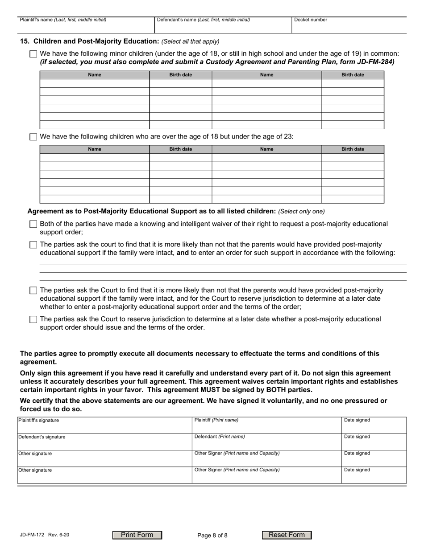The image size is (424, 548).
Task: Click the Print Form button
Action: [x=137, y=535]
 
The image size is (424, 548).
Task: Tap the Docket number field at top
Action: [x=349, y=27]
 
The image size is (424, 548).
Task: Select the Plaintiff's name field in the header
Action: [x=86, y=27]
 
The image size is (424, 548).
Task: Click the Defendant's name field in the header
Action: [x=223, y=27]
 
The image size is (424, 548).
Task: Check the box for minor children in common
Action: [x=33, y=54]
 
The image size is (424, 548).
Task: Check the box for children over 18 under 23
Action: [x=33, y=137]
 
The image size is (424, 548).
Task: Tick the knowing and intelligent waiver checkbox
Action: [x=33, y=224]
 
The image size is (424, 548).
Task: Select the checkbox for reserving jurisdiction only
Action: [x=33, y=319]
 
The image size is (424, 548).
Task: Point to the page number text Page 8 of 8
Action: [x=212, y=536]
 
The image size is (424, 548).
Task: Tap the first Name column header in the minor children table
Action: [x=95, y=75]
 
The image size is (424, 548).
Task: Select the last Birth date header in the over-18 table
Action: [x=353, y=149]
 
